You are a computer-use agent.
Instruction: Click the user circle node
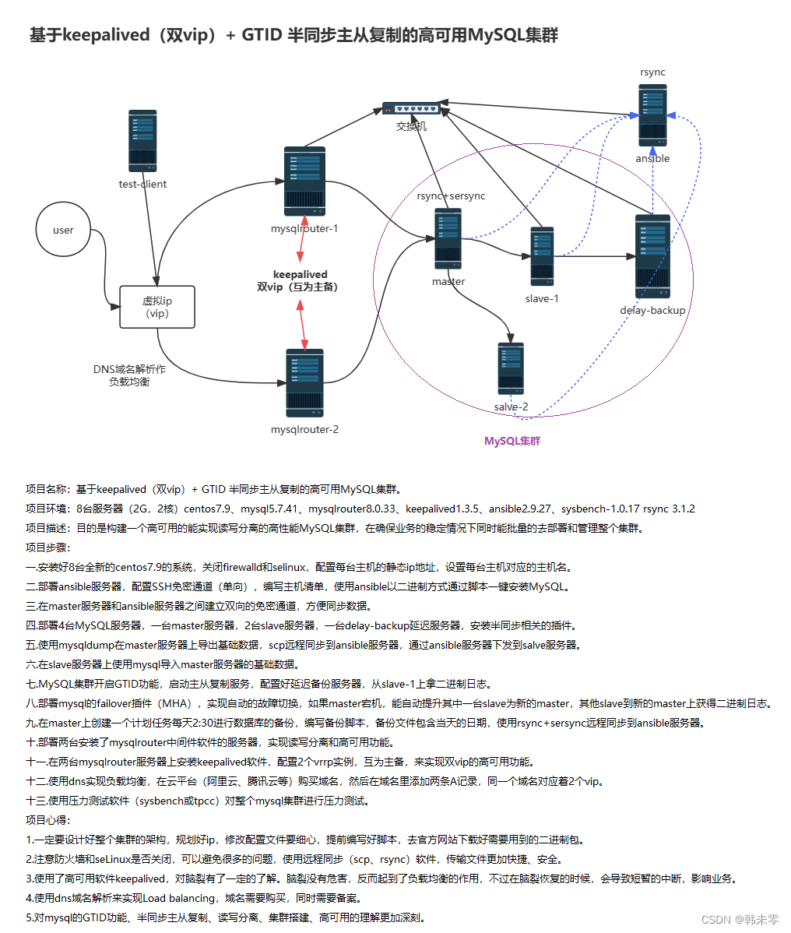pos(63,231)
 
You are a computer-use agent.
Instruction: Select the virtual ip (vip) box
pos(157,307)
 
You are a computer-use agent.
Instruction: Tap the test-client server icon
pos(142,141)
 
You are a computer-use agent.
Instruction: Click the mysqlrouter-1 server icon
pos(304,181)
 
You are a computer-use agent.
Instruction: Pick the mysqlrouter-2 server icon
pos(304,384)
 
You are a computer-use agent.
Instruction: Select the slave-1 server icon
pos(542,256)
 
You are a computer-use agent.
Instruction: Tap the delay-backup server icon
pos(652,256)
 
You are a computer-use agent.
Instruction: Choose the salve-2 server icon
pos(511,368)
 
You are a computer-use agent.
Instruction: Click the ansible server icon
pos(652,116)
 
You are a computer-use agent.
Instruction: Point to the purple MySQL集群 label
pos(512,441)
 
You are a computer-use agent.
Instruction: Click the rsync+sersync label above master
pos(451,196)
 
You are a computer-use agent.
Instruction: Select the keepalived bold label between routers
pos(301,274)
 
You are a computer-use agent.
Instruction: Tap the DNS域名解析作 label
pos(129,369)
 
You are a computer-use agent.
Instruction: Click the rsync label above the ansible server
pos(652,72)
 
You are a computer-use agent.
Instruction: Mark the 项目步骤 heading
pos(47,547)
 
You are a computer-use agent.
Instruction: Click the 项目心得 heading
pos(47,820)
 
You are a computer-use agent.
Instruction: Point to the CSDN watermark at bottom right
pos(740,920)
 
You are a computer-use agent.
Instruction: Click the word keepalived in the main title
pos(106,35)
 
